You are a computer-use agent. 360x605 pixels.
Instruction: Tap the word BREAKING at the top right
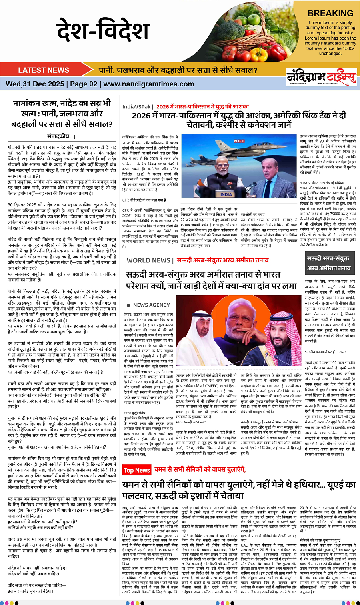coord(330,13)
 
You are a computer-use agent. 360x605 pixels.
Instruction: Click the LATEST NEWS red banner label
coord(44,70)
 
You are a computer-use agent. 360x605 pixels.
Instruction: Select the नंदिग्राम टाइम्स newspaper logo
coord(321,77)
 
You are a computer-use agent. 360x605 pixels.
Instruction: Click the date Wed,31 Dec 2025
coord(35,84)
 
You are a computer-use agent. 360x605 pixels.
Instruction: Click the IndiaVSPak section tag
coord(136,107)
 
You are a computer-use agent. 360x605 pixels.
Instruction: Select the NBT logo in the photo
coord(239,141)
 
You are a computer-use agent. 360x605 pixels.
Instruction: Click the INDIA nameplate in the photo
coord(226,194)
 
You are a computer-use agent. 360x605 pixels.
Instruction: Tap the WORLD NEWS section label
coord(148,260)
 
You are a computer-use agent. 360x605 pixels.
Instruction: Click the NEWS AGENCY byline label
coord(151,305)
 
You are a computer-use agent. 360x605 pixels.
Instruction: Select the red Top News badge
coord(136,470)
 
